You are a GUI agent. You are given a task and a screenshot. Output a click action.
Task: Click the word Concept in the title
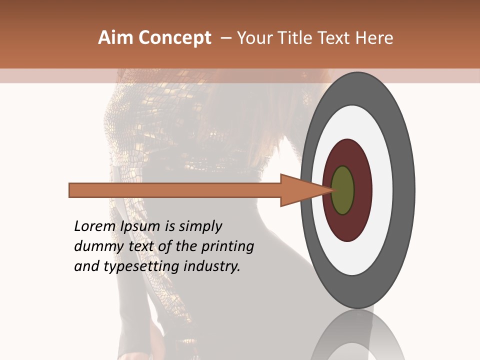pos(175,38)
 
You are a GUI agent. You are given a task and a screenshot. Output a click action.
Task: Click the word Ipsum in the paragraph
pos(141,226)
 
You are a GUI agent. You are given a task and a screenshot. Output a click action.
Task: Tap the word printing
pos(227,246)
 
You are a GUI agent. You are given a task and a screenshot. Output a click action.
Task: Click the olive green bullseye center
pos(343,190)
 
